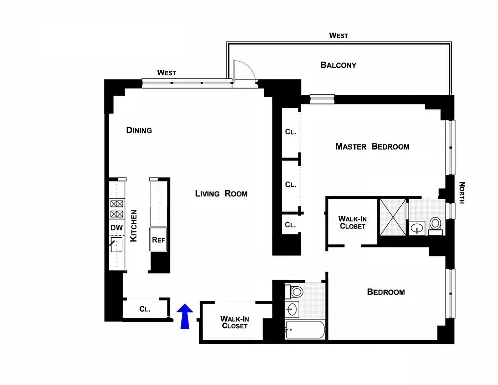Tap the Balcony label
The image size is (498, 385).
click(338, 65)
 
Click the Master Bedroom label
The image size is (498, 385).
click(372, 146)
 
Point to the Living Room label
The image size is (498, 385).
click(221, 193)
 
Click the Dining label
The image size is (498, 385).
click(139, 130)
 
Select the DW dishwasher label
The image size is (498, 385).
click(116, 227)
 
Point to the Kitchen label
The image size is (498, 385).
click(134, 226)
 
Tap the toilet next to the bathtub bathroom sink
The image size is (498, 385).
click(295, 291)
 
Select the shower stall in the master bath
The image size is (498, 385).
click(393, 217)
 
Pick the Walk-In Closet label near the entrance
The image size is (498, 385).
click(234, 322)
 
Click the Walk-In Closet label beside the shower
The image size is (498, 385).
click(352, 222)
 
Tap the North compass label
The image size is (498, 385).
click(462, 192)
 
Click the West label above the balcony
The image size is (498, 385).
click(338, 36)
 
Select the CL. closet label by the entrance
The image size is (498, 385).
click(145, 309)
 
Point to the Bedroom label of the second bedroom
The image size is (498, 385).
click(386, 292)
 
